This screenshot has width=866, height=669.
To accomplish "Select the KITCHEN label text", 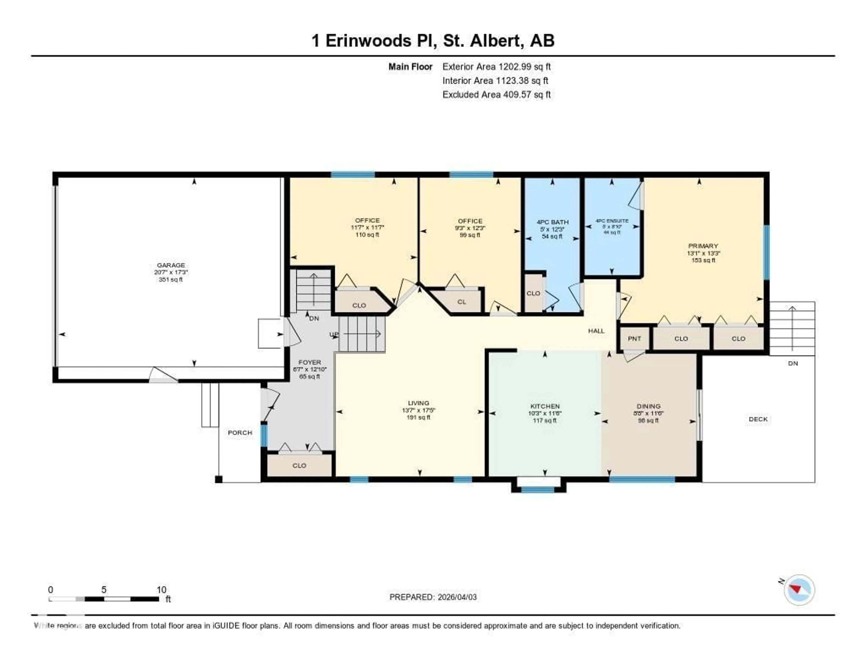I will pyautogui.click(x=545, y=406).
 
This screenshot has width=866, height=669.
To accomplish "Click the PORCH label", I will pyautogui.click(x=240, y=432).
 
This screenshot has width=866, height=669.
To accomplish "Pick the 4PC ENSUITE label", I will pyautogui.click(x=612, y=221).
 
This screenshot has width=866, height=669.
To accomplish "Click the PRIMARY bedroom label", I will pyautogui.click(x=703, y=246).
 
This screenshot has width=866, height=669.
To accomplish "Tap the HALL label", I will pyautogui.click(x=596, y=331).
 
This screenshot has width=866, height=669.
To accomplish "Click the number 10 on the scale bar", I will pyautogui.click(x=161, y=590).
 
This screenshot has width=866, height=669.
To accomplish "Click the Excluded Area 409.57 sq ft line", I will pyautogui.click(x=496, y=94).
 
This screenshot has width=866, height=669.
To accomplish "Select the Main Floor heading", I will pyautogui.click(x=410, y=67).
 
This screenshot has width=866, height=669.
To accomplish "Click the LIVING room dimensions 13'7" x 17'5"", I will pyautogui.click(x=418, y=411).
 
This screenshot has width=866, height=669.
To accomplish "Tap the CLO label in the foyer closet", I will pyautogui.click(x=299, y=465).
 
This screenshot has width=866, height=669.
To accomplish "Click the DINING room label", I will pyautogui.click(x=648, y=406).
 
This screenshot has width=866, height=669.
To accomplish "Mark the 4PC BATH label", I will pyautogui.click(x=552, y=222).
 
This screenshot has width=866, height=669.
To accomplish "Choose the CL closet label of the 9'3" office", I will pyautogui.click(x=462, y=302).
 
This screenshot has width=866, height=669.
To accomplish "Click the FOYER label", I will pyautogui.click(x=310, y=362).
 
